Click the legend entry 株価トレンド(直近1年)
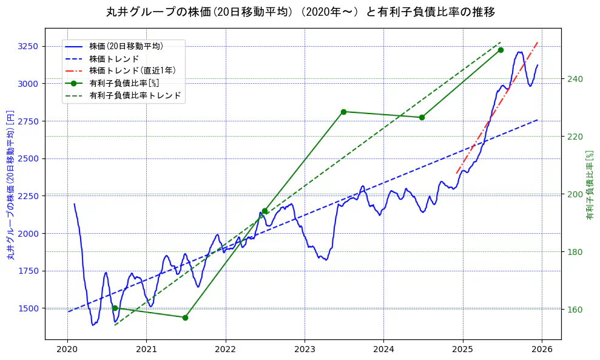click(x=132, y=70)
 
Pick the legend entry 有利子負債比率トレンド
click(x=135, y=95)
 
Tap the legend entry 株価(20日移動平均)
click(x=126, y=46)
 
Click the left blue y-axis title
click(x=10, y=185)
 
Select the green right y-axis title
click(x=590, y=185)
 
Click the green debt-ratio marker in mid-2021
click(x=185, y=318)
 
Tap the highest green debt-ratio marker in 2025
click(x=501, y=50)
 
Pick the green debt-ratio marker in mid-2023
click(x=343, y=112)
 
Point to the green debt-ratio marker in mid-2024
click(x=422, y=117)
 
